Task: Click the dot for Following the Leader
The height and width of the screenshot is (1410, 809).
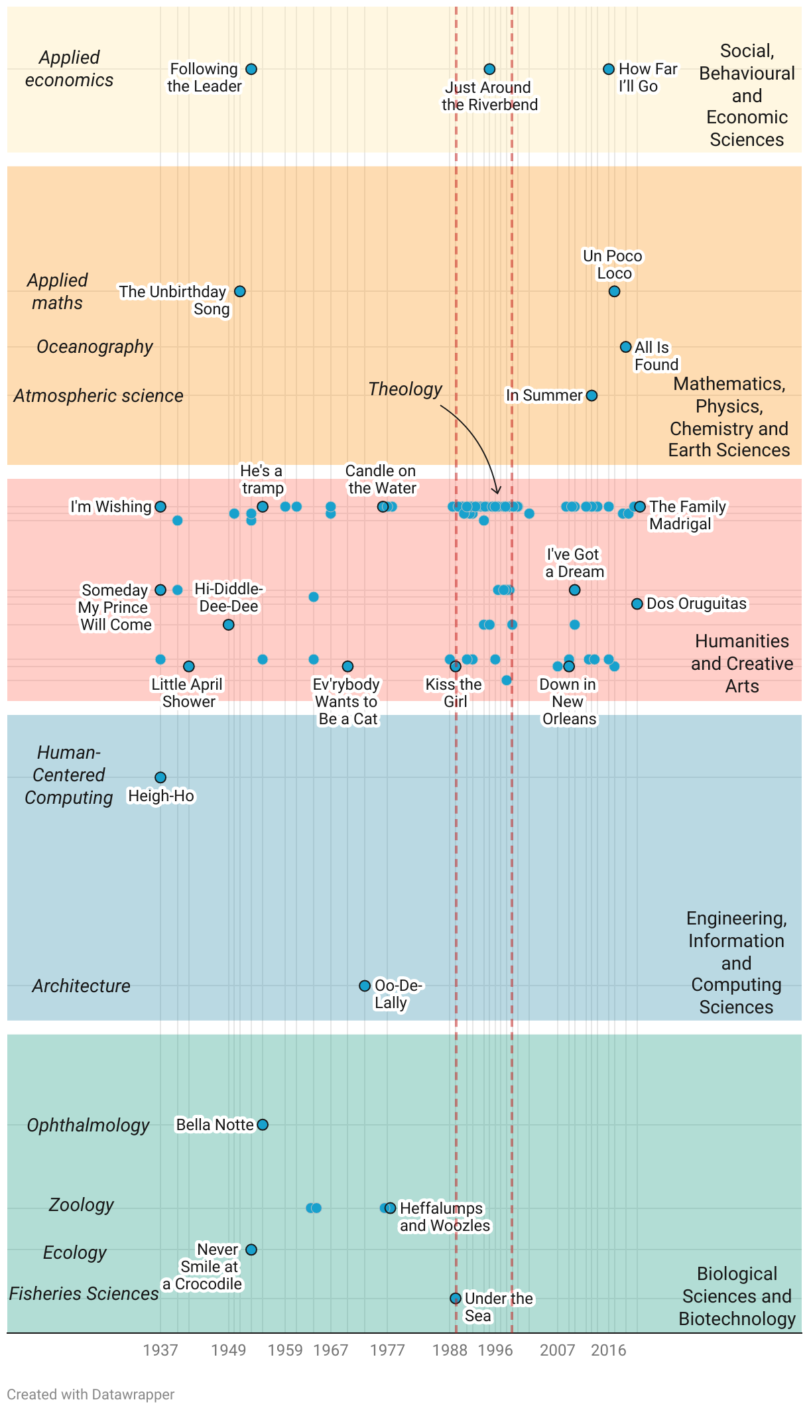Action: point(251,69)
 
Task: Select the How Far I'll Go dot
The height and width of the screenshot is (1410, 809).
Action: point(609,69)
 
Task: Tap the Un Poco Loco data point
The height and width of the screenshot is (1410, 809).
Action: point(614,291)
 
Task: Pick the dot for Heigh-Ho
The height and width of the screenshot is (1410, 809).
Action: point(160,777)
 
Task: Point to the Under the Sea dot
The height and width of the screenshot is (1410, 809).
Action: point(456,1299)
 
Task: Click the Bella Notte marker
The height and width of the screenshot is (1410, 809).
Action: point(263,1125)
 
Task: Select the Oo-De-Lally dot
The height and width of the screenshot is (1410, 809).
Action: point(365,986)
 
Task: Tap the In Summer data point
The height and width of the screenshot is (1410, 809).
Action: point(591,395)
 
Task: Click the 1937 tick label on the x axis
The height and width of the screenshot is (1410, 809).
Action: point(160,1350)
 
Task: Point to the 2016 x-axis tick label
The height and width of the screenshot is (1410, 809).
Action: point(609,1350)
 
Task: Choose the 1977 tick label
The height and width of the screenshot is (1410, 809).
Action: point(387,1350)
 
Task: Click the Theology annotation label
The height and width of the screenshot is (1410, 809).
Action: point(405,389)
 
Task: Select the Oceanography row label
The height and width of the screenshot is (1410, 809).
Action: point(95,347)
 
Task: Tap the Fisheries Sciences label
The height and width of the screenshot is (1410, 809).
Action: point(84,1293)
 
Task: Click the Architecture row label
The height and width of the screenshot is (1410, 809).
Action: point(81,986)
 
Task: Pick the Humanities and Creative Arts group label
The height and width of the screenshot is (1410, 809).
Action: point(742,663)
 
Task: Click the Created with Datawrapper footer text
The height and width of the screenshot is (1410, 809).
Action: point(91,1395)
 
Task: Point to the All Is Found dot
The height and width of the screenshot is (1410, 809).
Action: point(625,347)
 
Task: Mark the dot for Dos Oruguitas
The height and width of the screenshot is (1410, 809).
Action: point(637,604)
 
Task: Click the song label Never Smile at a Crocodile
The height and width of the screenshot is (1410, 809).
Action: point(205,1267)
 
